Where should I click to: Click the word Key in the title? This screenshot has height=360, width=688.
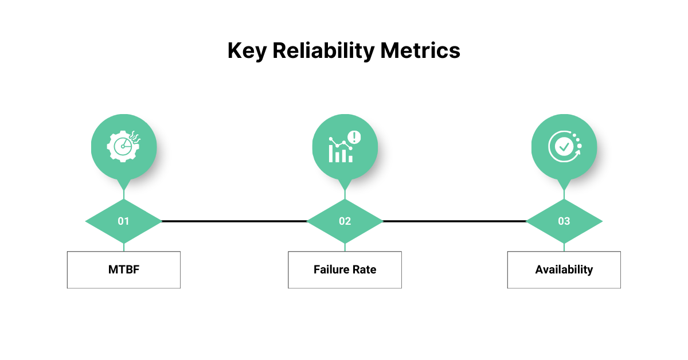point(247,51)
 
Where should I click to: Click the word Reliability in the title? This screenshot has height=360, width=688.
point(323,51)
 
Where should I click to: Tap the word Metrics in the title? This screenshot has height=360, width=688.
point(420,50)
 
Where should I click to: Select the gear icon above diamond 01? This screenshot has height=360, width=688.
point(123,147)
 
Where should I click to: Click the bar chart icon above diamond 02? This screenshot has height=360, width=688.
point(345,147)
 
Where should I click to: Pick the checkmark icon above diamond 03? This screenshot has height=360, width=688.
point(565,147)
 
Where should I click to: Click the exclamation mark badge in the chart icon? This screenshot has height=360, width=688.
point(354,137)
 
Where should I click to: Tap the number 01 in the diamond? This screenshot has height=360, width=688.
point(123,221)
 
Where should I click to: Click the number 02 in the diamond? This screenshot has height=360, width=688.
point(345,221)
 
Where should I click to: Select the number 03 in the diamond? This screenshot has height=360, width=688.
point(564,221)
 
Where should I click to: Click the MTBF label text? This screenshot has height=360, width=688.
point(124,269)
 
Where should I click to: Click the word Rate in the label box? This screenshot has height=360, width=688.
point(364,269)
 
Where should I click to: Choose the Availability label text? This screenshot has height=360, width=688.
point(564,269)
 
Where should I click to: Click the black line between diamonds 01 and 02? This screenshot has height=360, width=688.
point(234,221)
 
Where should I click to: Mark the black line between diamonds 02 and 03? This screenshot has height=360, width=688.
point(455,221)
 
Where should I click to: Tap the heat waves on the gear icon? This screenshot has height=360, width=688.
point(135,137)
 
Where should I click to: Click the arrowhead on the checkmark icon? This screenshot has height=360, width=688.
point(578,152)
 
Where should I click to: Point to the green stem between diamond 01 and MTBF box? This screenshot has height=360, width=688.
point(124,247)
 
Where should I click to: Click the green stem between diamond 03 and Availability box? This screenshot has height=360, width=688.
point(564,247)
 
